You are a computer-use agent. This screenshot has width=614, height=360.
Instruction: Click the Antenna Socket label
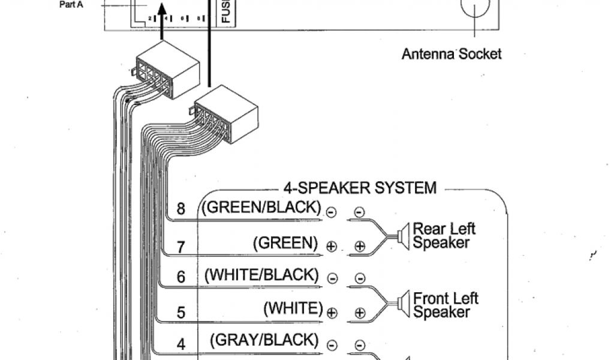click(x=451, y=54)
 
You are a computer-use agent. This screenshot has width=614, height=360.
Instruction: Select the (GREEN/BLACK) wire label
click(x=261, y=208)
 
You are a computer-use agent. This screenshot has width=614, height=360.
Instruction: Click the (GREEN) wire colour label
click(x=285, y=242)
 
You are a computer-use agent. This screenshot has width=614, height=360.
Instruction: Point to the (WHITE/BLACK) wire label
click(x=261, y=275)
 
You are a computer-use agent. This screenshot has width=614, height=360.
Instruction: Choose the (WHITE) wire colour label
click(x=293, y=308)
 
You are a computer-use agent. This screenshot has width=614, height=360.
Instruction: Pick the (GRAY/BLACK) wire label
click(x=264, y=340)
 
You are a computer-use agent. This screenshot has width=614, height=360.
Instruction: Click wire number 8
click(x=181, y=209)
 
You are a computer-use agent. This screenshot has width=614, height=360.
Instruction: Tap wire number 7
click(x=181, y=246)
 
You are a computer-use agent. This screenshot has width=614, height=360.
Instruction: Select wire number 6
click(x=181, y=277)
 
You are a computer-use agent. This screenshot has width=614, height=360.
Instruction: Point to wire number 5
click(x=181, y=312)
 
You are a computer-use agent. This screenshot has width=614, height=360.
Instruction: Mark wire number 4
click(x=181, y=344)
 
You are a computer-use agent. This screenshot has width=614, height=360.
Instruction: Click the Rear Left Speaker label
click(x=444, y=235)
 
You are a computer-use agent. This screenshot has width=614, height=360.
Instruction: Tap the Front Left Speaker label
click(x=446, y=305)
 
